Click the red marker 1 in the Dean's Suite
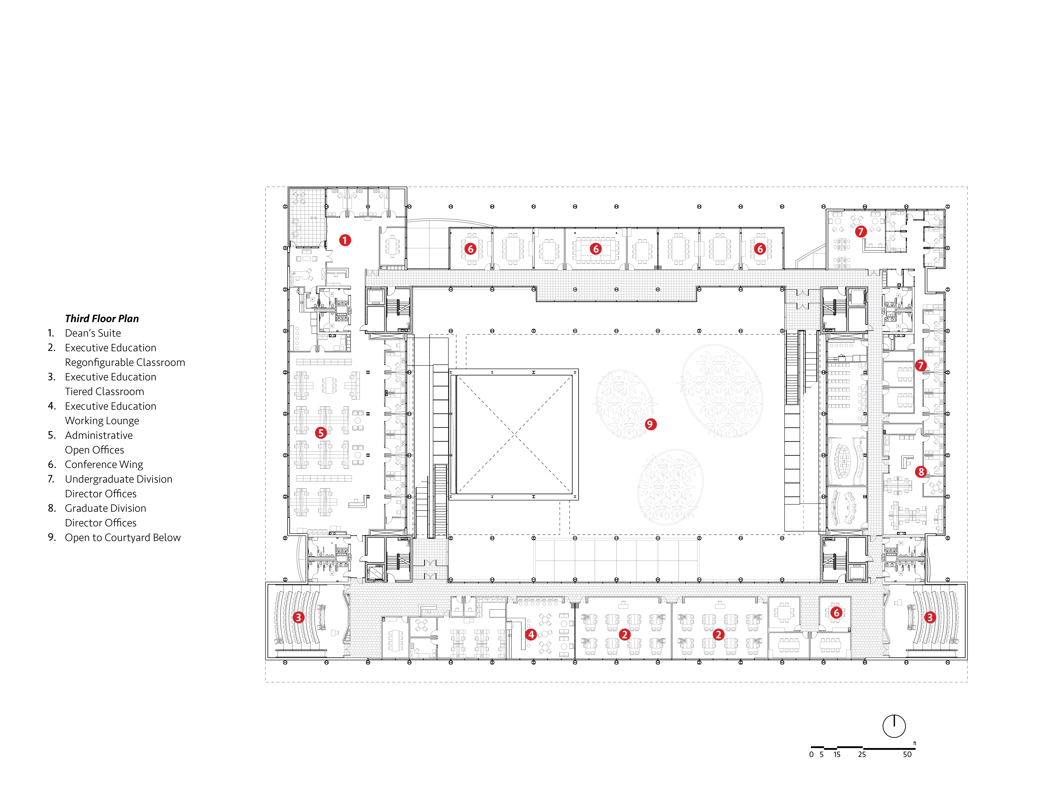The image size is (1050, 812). coord(345,240)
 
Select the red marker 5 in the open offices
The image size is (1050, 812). coord(321,432)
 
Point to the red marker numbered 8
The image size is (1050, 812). coord(921,471)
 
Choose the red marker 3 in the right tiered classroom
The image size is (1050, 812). coord(930,617)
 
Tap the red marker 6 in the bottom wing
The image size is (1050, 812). coord(836,612)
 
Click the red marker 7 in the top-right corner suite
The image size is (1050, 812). coord(861,231)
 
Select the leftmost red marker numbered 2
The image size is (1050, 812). coord(624,634)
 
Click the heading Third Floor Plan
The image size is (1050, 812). coord(102,318)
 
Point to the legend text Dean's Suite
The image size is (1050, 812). coord(93,333)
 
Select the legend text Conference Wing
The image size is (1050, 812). coord(104,464)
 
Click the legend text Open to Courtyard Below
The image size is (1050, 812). coord(123,537)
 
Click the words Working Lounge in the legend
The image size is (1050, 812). coord(102,420)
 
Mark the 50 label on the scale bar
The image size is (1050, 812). coord(907,754)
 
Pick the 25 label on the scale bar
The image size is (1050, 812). coord(861,754)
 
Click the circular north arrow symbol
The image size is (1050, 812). coord(894,726)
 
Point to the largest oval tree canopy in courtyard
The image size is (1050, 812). coord(721,390)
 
